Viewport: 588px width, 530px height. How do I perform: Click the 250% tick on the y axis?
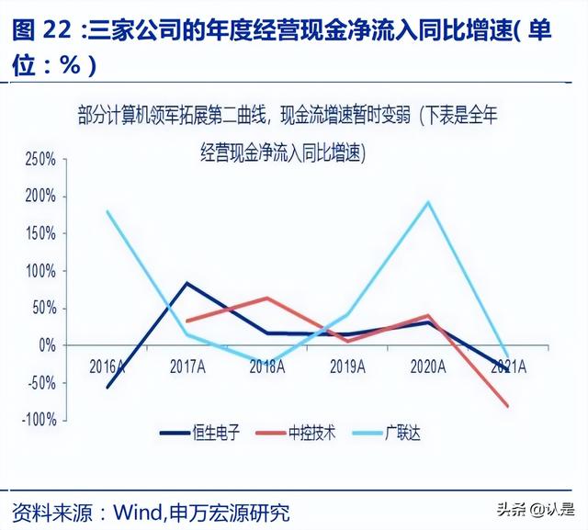point(40,159)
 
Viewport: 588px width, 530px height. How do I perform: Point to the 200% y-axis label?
point(40,197)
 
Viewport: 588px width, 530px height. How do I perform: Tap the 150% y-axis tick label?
point(40,233)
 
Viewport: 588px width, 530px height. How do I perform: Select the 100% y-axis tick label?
point(40,271)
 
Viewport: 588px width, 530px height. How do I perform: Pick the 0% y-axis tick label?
point(46,345)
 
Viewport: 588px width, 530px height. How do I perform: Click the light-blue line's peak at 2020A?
point(428,202)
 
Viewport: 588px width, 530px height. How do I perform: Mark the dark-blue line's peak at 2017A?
point(187,283)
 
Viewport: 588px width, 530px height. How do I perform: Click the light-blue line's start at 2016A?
point(107,211)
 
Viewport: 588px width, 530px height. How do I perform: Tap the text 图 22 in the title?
point(42,30)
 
